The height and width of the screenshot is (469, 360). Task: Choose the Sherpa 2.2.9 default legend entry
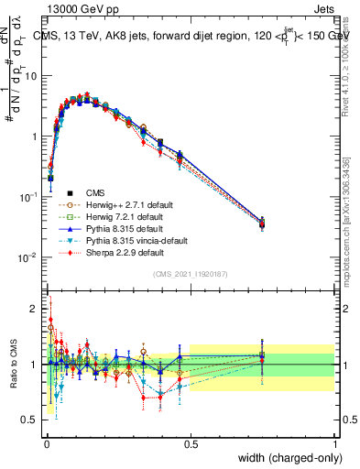pyautogui.click(x=125, y=252)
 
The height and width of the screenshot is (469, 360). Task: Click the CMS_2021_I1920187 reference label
pyautogui.click(x=190, y=274)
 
